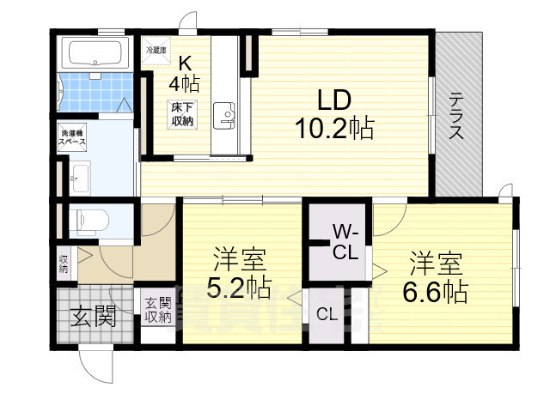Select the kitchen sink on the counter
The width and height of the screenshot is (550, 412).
point(225,115)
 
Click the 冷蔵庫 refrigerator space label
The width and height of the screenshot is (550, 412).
point(157,49)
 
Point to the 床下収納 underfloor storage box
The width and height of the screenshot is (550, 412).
point(181,112)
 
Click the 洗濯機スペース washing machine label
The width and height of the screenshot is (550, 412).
point(71,140)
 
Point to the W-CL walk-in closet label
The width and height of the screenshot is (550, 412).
point(346,243)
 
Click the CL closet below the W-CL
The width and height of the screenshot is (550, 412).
point(326,314)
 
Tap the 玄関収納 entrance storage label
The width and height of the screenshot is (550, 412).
point(157,310)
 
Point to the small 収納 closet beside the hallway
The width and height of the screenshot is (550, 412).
point(64,263)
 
